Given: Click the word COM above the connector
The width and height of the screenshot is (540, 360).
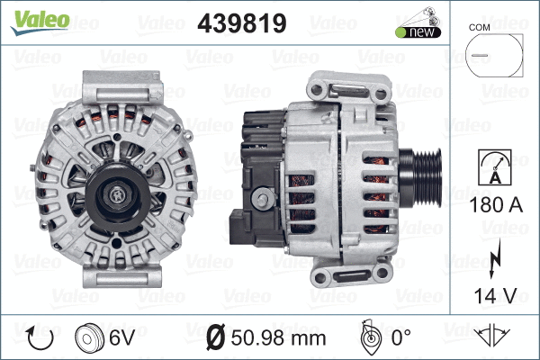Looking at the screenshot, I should point(480,27).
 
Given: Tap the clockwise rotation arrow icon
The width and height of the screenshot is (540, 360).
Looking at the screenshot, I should point(40,338).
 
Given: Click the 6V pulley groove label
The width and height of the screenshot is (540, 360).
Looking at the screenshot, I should point(123,338).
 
